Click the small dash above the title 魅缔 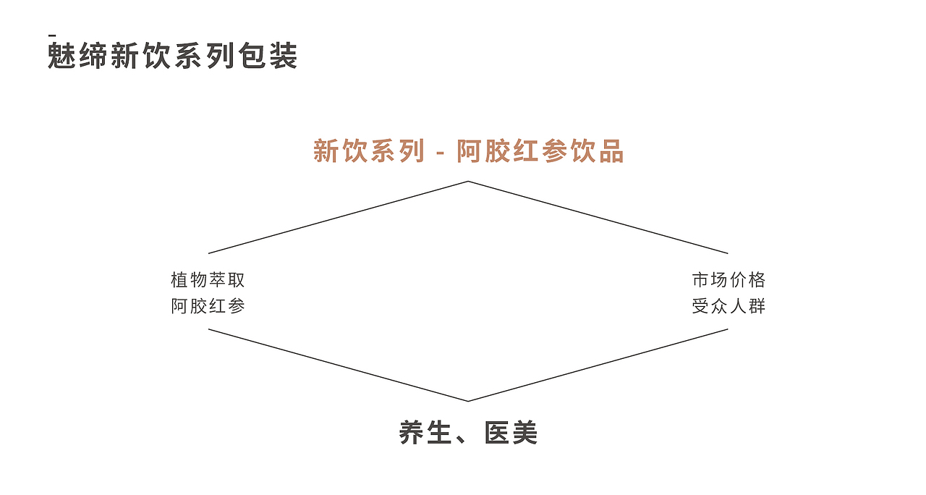point(52,35)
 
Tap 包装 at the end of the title point(268,56)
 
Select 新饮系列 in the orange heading point(368,151)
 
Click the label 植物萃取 point(208,280)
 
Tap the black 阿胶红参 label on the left point(208,306)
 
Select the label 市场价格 point(729,280)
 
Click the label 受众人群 point(729,306)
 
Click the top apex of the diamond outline point(468,181)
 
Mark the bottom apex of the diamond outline point(468,401)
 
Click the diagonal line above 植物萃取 point(338,217)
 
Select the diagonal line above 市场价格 point(598,217)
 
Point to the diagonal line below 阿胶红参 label point(338,365)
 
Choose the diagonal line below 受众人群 point(598,365)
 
